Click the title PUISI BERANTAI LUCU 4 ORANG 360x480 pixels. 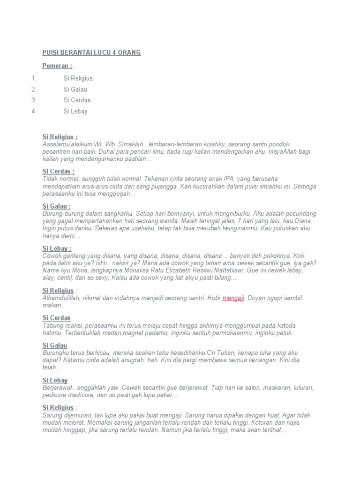click(91, 52)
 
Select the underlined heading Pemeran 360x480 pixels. click(57, 66)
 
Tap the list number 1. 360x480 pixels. click(34, 78)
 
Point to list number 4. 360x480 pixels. click(34, 111)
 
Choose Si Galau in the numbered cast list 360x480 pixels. click(75, 89)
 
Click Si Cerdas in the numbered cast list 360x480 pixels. click(77, 100)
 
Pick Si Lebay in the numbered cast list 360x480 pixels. click(75, 111)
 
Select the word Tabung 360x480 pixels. click(52, 325)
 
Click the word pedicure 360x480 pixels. click(55, 395)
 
